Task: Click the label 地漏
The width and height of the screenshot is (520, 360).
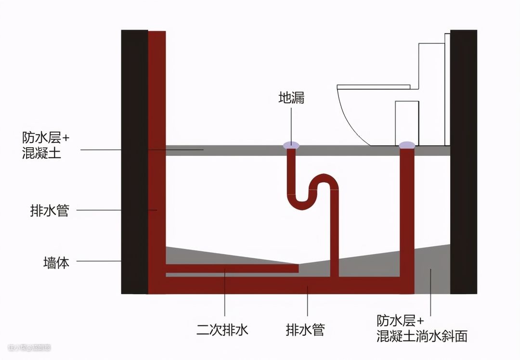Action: point(291,98)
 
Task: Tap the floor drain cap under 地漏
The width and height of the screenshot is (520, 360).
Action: point(291,144)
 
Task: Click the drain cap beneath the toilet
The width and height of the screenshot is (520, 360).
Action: point(407,144)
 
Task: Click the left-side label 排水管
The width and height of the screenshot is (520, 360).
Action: point(49,210)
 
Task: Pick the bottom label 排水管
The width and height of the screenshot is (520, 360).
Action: point(305,330)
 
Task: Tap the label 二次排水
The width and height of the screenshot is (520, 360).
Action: point(222,330)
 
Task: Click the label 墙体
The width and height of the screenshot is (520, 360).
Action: point(56,263)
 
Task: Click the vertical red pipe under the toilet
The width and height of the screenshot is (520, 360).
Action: point(407,217)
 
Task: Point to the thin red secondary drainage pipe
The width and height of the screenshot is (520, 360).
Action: point(231,268)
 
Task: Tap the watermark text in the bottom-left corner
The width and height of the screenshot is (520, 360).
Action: point(29,347)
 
